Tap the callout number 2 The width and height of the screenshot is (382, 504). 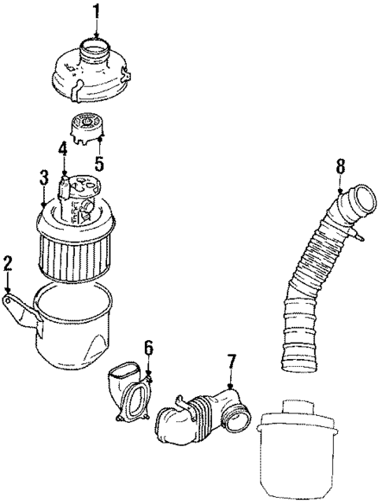coord(8,263)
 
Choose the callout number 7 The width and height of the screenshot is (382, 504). coord(231,362)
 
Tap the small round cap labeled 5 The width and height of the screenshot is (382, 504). coord(87,126)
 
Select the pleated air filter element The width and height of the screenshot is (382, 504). coord(77,252)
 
